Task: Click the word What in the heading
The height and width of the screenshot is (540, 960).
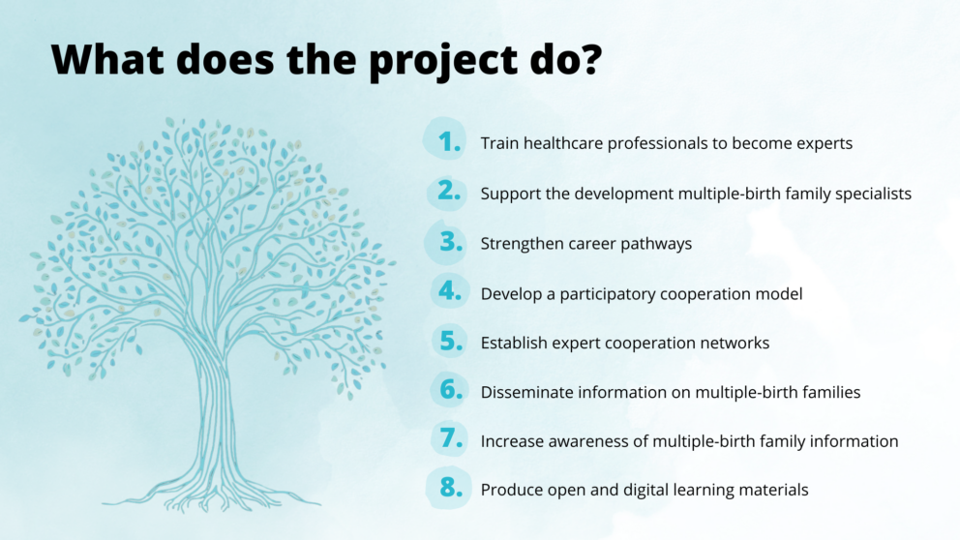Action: pos(107,59)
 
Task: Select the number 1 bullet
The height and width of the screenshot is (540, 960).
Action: pos(449,142)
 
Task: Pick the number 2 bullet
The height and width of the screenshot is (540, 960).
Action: pos(449,191)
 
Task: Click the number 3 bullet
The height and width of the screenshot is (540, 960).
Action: pos(451,242)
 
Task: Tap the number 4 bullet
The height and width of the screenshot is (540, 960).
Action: pos(450,291)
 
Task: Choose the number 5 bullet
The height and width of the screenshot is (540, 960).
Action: pos(451,341)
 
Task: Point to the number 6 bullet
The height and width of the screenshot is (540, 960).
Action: pos(451,389)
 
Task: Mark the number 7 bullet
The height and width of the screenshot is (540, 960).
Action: pos(451,438)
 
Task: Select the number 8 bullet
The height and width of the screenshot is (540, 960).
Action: pos(451,488)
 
